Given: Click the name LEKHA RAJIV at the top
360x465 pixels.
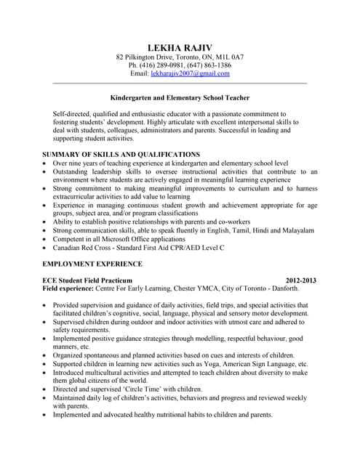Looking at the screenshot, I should [x=180, y=48].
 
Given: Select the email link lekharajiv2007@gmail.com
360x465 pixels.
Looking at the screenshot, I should [x=190, y=73].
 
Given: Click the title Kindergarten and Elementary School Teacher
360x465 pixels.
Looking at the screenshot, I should [x=180, y=97].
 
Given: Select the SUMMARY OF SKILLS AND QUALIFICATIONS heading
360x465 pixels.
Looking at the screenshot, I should [x=121, y=155].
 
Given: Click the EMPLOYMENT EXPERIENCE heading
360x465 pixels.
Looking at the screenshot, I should [x=92, y=264].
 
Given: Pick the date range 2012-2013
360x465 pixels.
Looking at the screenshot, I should [x=301, y=280].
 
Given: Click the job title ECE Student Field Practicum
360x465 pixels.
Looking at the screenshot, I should [x=87, y=280].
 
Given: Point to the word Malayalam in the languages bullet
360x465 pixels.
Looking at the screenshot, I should [x=297, y=230].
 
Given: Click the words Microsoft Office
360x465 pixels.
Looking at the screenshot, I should [x=124, y=239].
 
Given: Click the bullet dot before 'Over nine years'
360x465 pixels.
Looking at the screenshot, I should [x=46, y=164].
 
